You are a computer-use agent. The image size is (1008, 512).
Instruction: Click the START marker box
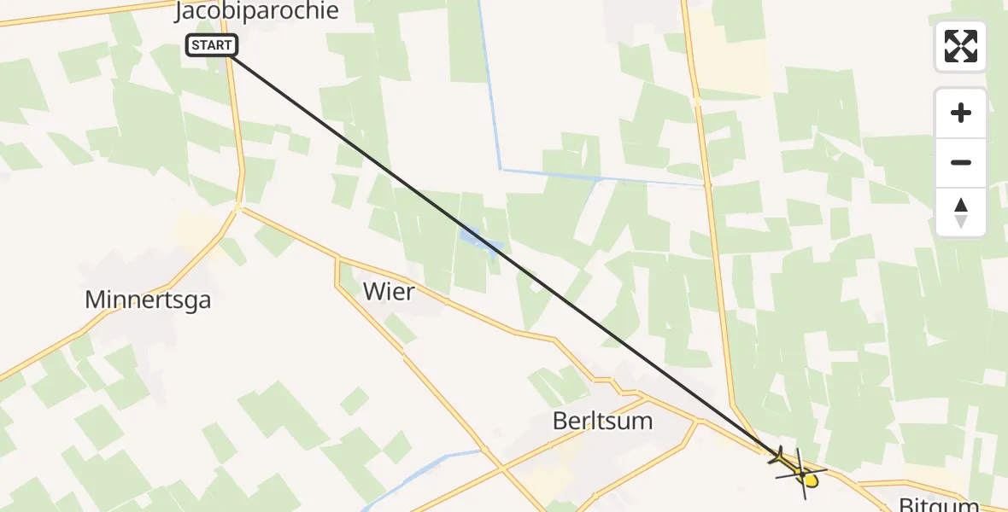(x=210, y=45)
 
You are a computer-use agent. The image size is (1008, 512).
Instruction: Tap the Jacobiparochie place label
(x=256, y=11)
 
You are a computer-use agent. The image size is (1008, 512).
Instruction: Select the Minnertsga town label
(x=148, y=300)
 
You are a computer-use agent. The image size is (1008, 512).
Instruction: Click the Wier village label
(x=389, y=292)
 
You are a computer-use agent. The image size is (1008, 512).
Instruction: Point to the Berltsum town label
(x=602, y=421)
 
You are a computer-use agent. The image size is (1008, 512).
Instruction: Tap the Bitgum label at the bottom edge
(x=938, y=504)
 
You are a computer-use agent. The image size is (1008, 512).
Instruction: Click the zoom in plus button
(x=961, y=113)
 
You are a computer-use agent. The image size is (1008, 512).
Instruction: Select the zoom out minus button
(x=961, y=162)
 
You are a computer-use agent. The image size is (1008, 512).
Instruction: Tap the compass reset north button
(x=961, y=212)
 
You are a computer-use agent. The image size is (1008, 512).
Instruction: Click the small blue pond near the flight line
(x=478, y=241)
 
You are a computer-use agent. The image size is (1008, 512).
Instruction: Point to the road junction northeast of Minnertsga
(x=238, y=207)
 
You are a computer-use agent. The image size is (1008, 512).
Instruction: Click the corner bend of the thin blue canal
(x=501, y=170)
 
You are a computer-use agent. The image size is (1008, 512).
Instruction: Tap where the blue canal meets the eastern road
(x=706, y=183)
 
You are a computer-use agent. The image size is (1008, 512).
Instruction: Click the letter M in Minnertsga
(x=95, y=300)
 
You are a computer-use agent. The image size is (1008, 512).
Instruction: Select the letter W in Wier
(x=374, y=292)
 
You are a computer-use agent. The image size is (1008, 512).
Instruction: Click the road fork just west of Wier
(x=340, y=259)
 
